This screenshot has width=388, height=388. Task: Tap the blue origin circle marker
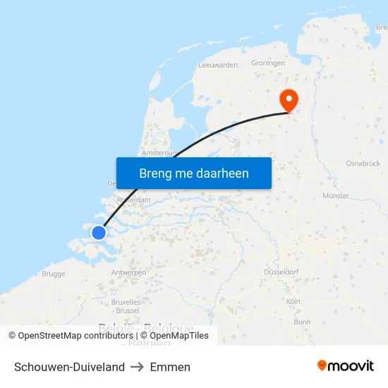coord(99,232)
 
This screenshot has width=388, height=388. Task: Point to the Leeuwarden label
coord(218,65)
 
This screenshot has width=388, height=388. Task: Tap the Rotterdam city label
coord(134,200)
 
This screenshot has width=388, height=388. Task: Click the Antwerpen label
coord(129,272)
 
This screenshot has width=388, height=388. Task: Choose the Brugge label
coord(54,274)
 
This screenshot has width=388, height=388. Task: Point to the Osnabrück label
coord(363,164)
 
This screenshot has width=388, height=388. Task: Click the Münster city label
coord(335,196)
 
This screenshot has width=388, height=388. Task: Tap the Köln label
coord(293,301)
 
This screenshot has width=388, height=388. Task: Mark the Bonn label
coord(302,322)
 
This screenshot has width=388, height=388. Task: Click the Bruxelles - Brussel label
coord(126,306)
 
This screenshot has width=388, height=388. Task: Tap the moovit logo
coord(346,366)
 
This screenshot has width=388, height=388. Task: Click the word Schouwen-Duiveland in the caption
coord(69,367)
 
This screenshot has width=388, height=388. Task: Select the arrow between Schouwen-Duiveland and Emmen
coord(138,367)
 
